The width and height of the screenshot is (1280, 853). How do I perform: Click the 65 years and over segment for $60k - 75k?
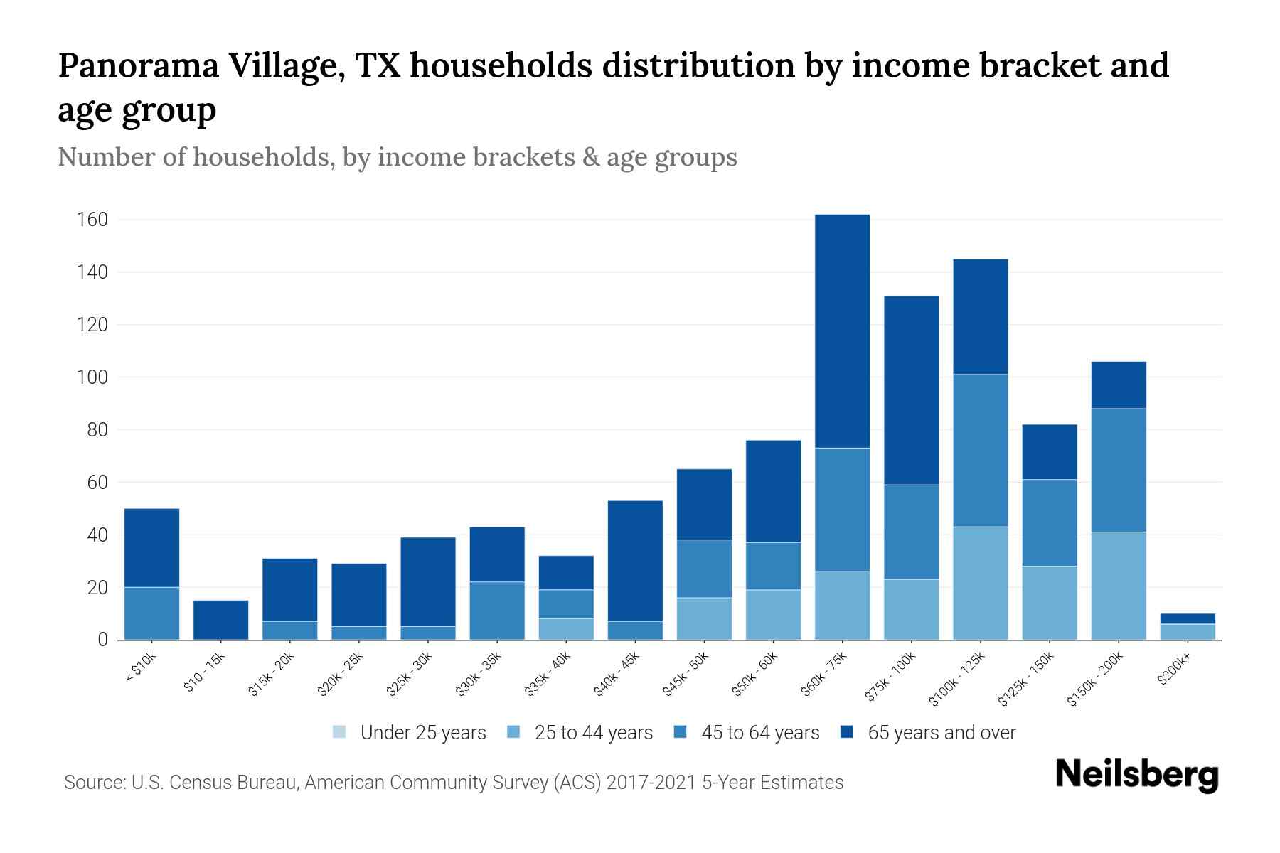842,331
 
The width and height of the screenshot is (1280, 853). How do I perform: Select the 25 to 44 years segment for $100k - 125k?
981,583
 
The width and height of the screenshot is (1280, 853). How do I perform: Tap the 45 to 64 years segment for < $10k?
151,613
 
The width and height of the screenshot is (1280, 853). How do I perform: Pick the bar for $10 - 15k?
220,620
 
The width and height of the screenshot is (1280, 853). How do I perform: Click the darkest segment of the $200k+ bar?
1188,618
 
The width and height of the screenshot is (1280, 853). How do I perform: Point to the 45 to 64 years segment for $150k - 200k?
1119,470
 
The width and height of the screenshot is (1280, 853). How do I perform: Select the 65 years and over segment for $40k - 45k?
635,561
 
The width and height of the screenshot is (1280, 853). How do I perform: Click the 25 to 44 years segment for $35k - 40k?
566,629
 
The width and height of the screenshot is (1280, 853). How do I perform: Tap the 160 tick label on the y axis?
92,220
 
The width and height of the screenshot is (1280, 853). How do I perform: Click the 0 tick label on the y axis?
102,640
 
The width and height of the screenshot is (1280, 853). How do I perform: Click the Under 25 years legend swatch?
340,732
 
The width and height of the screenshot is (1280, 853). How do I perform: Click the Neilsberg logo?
1136,775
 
